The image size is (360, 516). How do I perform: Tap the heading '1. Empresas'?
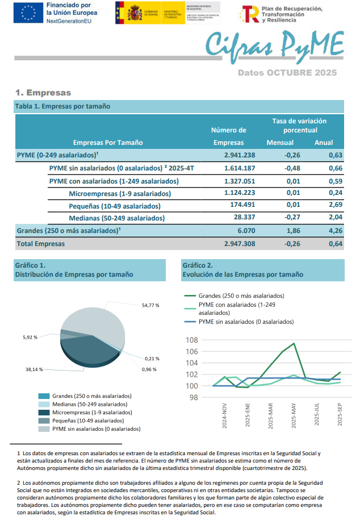43,92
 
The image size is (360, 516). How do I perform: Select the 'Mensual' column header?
280,143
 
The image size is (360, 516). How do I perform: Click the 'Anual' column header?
324,143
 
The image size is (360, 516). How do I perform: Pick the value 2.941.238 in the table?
239,155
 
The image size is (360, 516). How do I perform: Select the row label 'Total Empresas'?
40,244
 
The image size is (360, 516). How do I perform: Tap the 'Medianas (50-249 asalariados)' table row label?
116,218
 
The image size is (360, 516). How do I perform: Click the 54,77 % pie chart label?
150,305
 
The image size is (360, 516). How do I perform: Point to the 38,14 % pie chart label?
35,369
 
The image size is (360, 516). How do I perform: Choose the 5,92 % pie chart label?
30,337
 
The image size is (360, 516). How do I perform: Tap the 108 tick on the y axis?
191,340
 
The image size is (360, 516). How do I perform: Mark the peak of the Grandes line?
294,343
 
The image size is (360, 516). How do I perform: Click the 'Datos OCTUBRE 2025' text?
287,73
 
